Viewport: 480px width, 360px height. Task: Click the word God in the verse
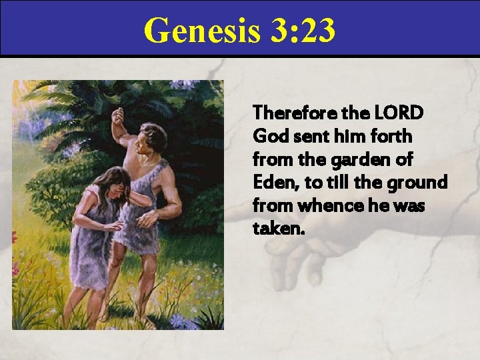click(x=268, y=136)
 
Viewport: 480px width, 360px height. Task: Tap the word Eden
click(x=272, y=183)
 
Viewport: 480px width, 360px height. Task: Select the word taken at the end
click(x=278, y=229)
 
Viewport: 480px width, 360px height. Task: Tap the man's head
click(x=153, y=138)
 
